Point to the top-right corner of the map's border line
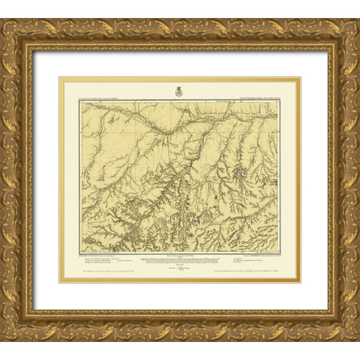pos(286,105)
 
